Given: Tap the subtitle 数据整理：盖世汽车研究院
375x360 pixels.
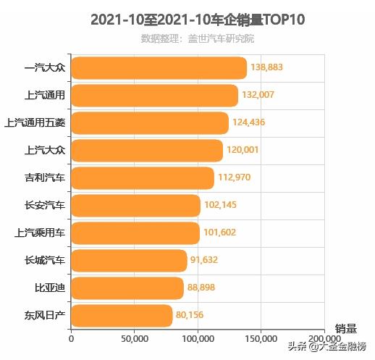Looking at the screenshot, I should [198, 38].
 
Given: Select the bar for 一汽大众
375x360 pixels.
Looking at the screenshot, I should [159, 68].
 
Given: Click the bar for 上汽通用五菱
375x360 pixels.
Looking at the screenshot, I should [150, 122].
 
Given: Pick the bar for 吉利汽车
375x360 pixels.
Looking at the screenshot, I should [143, 177].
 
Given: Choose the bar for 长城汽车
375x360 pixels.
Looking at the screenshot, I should [129, 260].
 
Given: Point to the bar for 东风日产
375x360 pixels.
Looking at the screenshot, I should [122, 315].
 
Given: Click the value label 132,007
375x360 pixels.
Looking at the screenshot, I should [262, 96].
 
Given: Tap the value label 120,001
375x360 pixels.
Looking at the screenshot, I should [243, 150].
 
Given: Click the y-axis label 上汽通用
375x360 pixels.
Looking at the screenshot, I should [44, 95].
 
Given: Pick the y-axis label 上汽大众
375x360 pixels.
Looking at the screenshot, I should [44, 150].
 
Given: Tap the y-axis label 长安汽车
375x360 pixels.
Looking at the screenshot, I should [44, 205].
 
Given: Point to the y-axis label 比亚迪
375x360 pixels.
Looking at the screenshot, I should [49, 288].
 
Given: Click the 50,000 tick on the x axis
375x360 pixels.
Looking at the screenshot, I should [135, 338].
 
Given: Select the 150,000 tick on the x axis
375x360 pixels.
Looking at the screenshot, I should [261, 338].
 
